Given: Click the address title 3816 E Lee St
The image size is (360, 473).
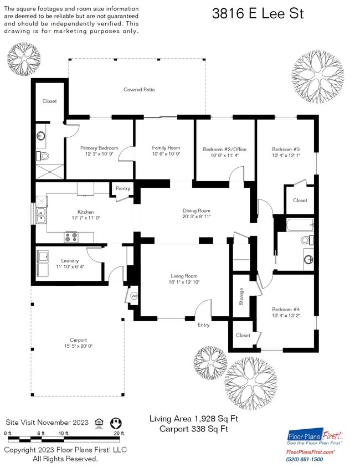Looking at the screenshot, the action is click(258, 14).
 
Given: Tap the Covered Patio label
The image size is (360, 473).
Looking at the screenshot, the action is click(139, 90).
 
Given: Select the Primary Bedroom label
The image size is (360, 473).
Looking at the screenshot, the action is click(99, 148).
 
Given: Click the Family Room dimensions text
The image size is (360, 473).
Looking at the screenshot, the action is click(166, 154).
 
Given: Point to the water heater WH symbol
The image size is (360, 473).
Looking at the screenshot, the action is click(134, 296).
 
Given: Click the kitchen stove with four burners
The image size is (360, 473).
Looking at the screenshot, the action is click(71, 237).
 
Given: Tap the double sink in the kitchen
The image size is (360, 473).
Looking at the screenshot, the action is click(41, 215).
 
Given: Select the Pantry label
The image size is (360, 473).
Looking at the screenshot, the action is click(123, 188).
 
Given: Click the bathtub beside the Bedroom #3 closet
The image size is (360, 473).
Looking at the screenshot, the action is click(300, 225).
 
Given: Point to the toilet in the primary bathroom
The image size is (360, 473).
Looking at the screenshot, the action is click(43, 156).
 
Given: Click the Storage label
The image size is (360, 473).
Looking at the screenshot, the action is click(241, 296).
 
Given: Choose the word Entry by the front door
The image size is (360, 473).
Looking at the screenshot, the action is click(203, 325).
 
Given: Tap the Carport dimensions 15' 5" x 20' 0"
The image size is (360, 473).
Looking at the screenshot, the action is click(78, 346).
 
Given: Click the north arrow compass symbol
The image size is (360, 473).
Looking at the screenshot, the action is click(116, 423).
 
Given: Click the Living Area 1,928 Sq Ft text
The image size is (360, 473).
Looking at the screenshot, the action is click(194, 419).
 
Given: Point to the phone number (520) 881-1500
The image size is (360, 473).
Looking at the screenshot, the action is click(305, 459).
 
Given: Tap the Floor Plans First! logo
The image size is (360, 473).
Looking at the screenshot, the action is click(315, 436).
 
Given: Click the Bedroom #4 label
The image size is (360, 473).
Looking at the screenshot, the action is click(286, 310).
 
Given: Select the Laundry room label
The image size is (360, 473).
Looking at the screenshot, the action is click(70, 261).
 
